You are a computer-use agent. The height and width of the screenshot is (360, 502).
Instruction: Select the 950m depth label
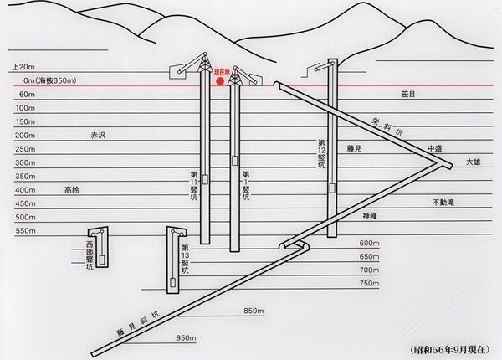[x=187, y=338]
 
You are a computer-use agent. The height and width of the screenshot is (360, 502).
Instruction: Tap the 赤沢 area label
[x=98, y=135]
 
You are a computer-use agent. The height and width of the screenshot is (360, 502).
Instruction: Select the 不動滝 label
[x=443, y=203]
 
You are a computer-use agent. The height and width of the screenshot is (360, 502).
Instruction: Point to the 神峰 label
[x=371, y=216]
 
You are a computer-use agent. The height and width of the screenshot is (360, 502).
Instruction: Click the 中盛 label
[x=437, y=148]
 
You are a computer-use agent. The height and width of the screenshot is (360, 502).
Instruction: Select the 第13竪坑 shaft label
[x=185, y=259]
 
